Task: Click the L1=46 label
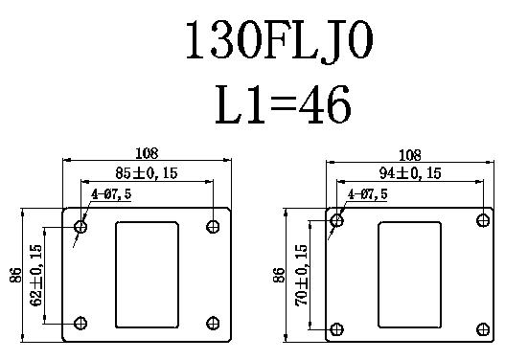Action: (x=283, y=104)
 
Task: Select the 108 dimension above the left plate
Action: (x=147, y=153)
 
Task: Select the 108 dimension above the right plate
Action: (x=410, y=155)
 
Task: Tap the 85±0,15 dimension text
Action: (x=147, y=173)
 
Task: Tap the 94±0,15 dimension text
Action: (x=410, y=173)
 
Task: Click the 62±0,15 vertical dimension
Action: (x=36, y=275)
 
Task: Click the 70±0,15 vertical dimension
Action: (x=301, y=275)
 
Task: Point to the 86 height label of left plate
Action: (x=15, y=275)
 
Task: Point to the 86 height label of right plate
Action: (x=279, y=275)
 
